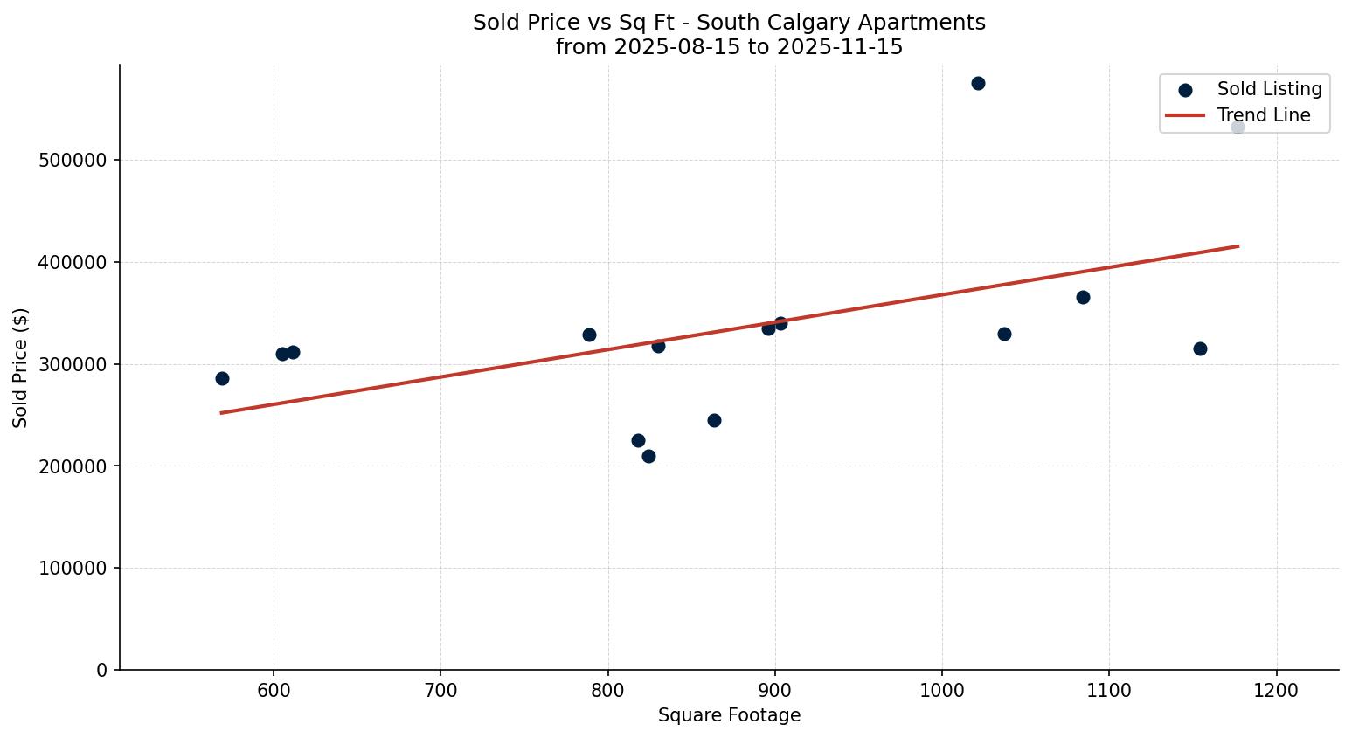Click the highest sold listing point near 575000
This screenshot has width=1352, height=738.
pos(978,84)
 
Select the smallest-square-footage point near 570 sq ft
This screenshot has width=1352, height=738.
pos(222,378)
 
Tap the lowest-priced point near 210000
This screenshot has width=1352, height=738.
pos(648,456)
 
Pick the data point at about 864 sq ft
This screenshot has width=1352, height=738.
pos(714,420)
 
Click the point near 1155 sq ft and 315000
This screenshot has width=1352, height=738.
pos(1200,348)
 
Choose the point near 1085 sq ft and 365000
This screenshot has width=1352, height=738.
pos(1083,297)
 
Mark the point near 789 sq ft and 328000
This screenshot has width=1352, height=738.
pos(589,335)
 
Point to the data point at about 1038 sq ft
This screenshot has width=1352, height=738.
pos(1004,334)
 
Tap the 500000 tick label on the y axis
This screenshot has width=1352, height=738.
pos(73,161)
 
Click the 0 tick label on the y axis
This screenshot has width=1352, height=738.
pos(102,670)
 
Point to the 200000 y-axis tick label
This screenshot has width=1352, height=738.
pos(73,466)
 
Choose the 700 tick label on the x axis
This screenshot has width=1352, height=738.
pos(440,691)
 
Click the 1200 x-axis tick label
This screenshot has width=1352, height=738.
pos(1277,691)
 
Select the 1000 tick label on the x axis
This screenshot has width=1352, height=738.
pos(942,691)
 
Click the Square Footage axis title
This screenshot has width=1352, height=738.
pos(729,715)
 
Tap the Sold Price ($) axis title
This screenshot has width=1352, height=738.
pos(21,368)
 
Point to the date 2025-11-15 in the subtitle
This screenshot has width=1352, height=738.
pos(839,47)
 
